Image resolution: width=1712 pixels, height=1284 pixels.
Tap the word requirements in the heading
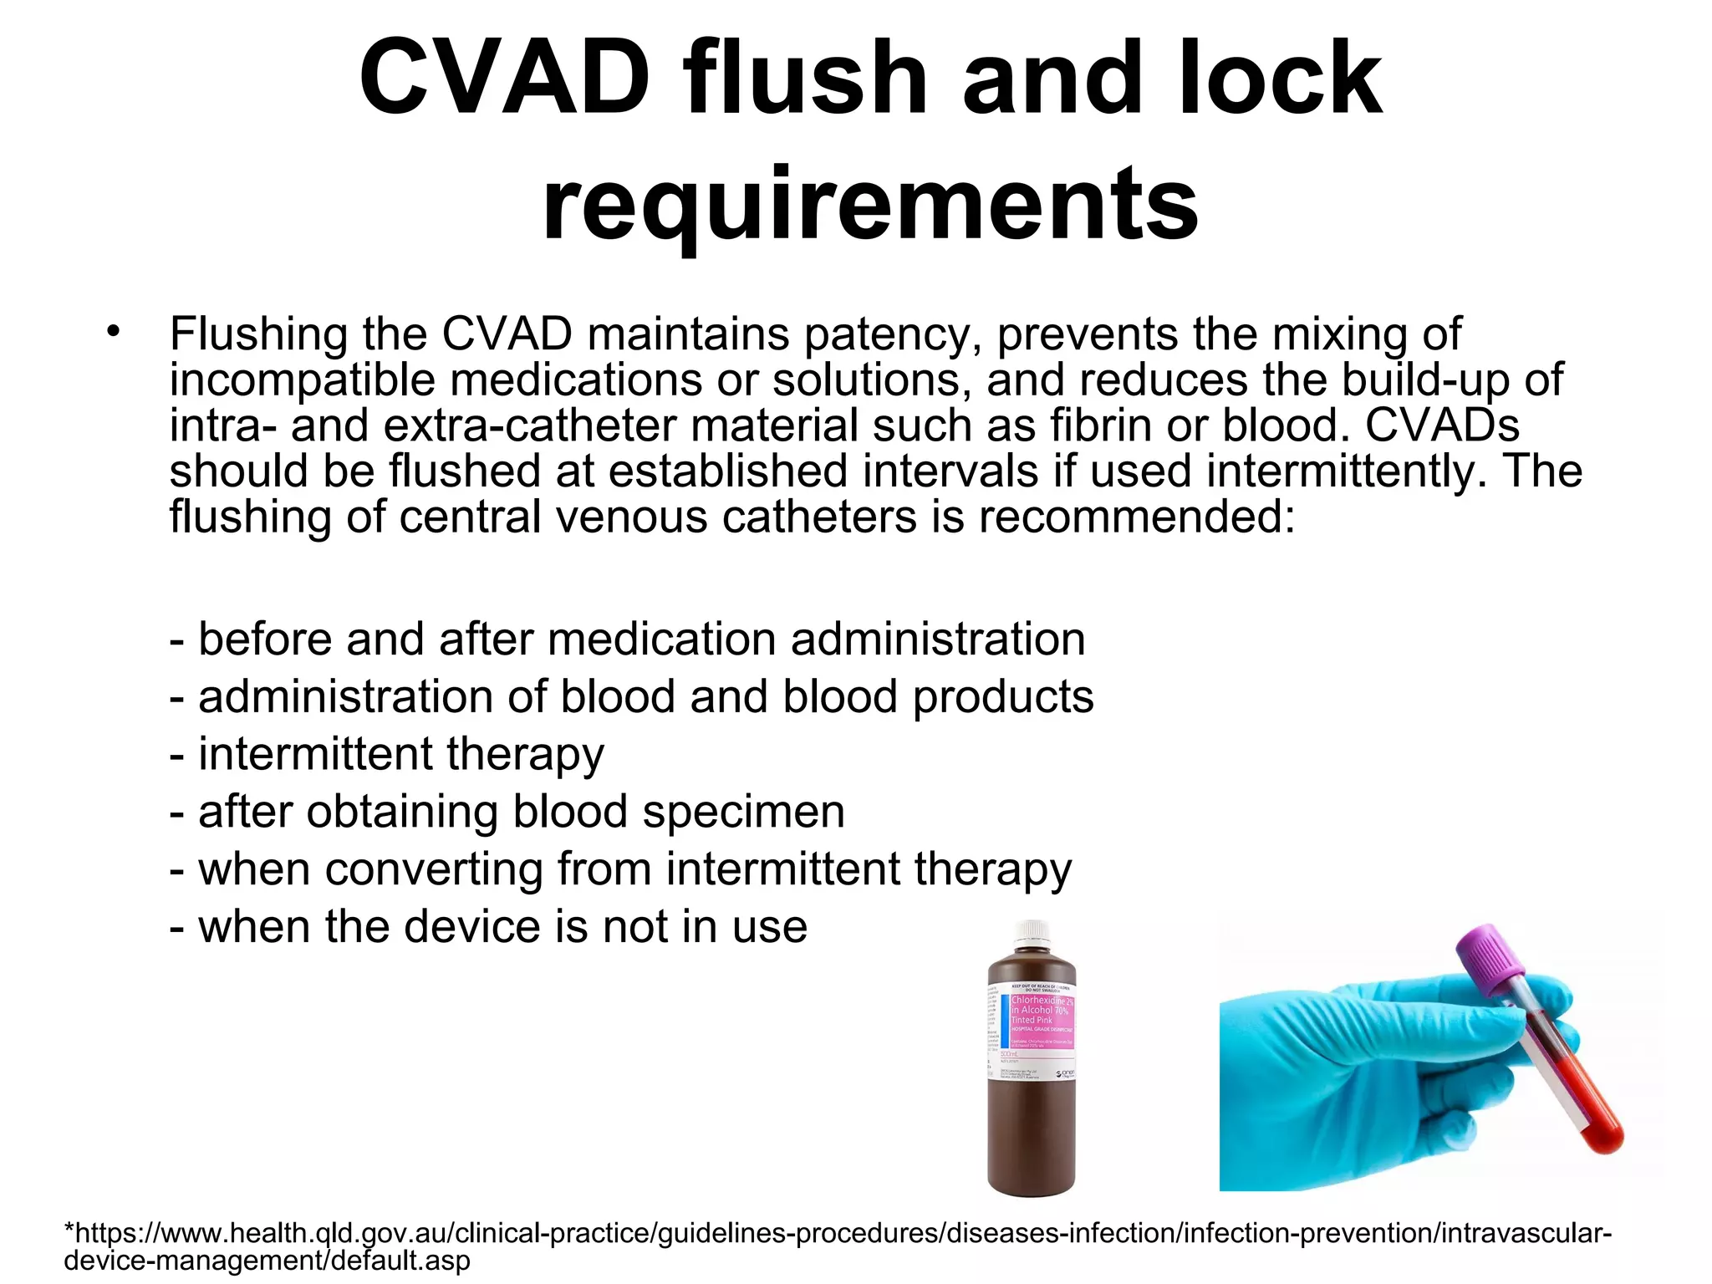click(x=870, y=203)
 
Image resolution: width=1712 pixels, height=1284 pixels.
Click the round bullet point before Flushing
click(x=114, y=331)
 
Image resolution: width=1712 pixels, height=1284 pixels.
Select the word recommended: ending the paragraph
click(x=1137, y=516)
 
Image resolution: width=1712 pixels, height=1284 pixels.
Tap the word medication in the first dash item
click(x=668, y=639)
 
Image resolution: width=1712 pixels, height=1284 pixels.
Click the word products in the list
click(x=1003, y=697)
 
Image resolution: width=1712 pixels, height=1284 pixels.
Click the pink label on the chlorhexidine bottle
click(x=1042, y=1020)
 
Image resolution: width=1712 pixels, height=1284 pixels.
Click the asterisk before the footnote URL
click(x=69, y=1230)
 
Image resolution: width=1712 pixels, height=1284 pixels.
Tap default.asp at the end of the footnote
click(x=400, y=1260)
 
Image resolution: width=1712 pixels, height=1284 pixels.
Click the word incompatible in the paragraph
click(x=302, y=380)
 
